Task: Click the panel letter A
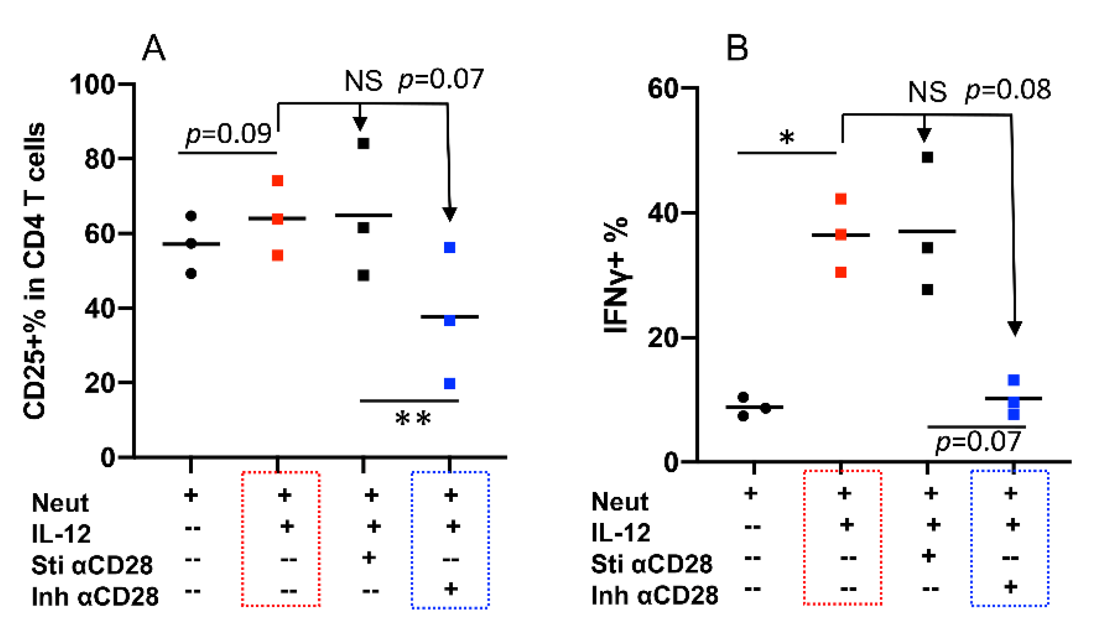(x=153, y=48)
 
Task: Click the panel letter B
(x=737, y=48)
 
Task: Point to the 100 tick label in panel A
(x=92, y=85)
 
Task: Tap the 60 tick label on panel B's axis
(x=662, y=89)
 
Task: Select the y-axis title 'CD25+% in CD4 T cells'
(x=35, y=270)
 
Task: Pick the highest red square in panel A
(x=277, y=181)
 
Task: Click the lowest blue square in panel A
(x=450, y=384)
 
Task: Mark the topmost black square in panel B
(x=927, y=158)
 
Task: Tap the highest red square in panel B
(x=841, y=199)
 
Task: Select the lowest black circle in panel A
(x=191, y=274)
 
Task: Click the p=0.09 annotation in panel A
(x=228, y=134)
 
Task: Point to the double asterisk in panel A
(x=413, y=418)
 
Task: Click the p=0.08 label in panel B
(x=1008, y=90)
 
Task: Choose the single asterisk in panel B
(x=787, y=137)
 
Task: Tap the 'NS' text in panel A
(x=363, y=81)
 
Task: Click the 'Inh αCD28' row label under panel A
(x=95, y=596)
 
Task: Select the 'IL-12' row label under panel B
(x=620, y=532)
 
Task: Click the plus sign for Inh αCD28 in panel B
(x=1010, y=586)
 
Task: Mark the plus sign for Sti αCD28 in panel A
(x=369, y=558)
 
